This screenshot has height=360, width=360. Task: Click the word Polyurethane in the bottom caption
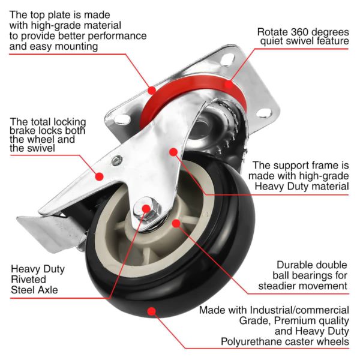(233, 341)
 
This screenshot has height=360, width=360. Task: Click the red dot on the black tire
(152, 311)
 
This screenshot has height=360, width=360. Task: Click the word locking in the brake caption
(68, 121)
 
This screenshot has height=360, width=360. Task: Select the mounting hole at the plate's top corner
(227, 60)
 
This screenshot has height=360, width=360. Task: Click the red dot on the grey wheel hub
(176, 223)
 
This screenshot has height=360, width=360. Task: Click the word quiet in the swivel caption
(274, 41)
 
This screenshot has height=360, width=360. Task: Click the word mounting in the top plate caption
(76, 46)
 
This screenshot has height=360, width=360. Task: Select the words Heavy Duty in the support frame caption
(281, 186)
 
